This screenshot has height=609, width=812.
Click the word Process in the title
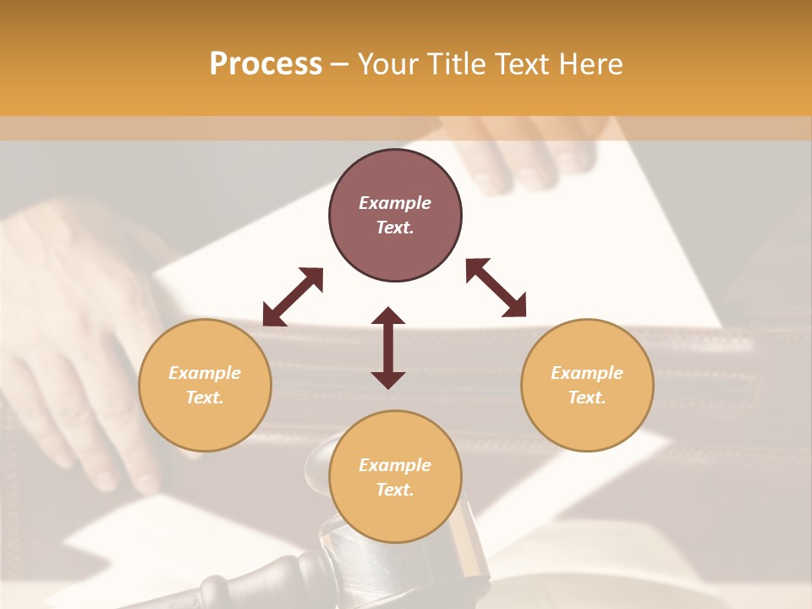coord(266,63)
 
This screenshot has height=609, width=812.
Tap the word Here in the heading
coord(589,63)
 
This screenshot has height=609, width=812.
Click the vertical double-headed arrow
coord(388,348)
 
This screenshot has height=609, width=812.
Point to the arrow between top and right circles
coord(496,288)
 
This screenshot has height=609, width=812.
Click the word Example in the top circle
coord(395,203)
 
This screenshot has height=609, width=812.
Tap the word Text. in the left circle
coord(205,398)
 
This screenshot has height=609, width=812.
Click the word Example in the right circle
coord(587,373)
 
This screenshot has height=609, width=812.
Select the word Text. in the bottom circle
coord(395,490)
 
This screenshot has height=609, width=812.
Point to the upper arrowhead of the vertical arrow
coord(388,316)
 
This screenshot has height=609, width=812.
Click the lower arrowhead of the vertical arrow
coord(388,380)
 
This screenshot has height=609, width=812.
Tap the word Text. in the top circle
coord(395,228)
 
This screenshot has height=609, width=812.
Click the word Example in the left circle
coord(205,373)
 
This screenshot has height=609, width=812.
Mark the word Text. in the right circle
coord(587,398)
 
